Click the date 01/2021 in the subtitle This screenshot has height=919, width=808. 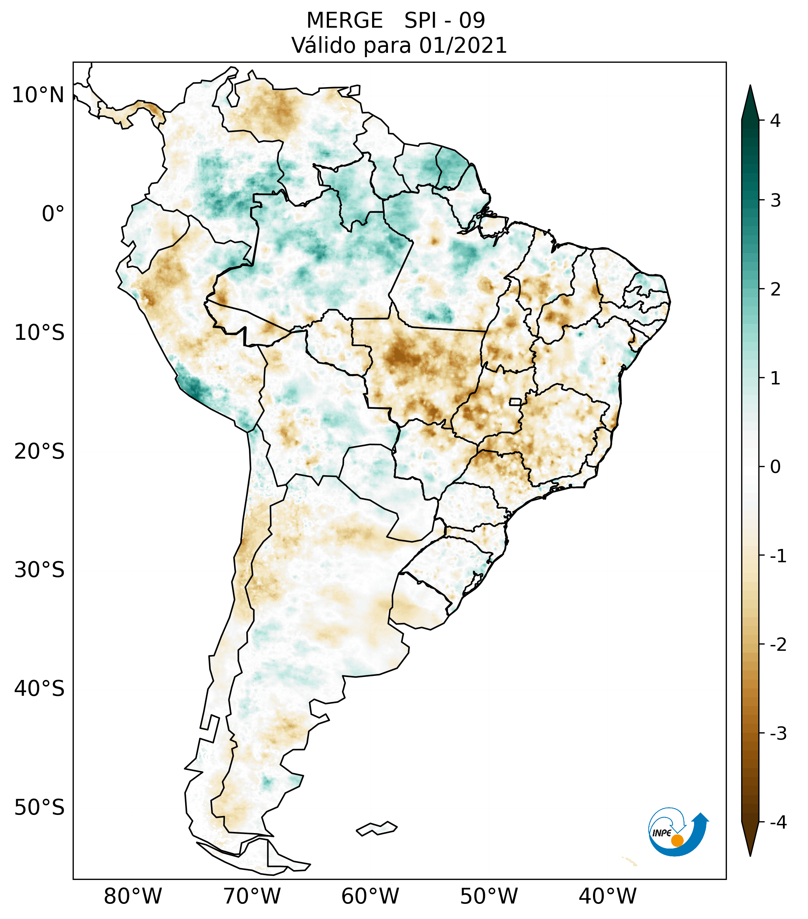click(463, 46)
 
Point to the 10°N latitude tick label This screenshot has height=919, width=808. click(38, 95)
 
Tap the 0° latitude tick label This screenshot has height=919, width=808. click(53, 214)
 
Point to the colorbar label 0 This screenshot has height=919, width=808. click(775, 467)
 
